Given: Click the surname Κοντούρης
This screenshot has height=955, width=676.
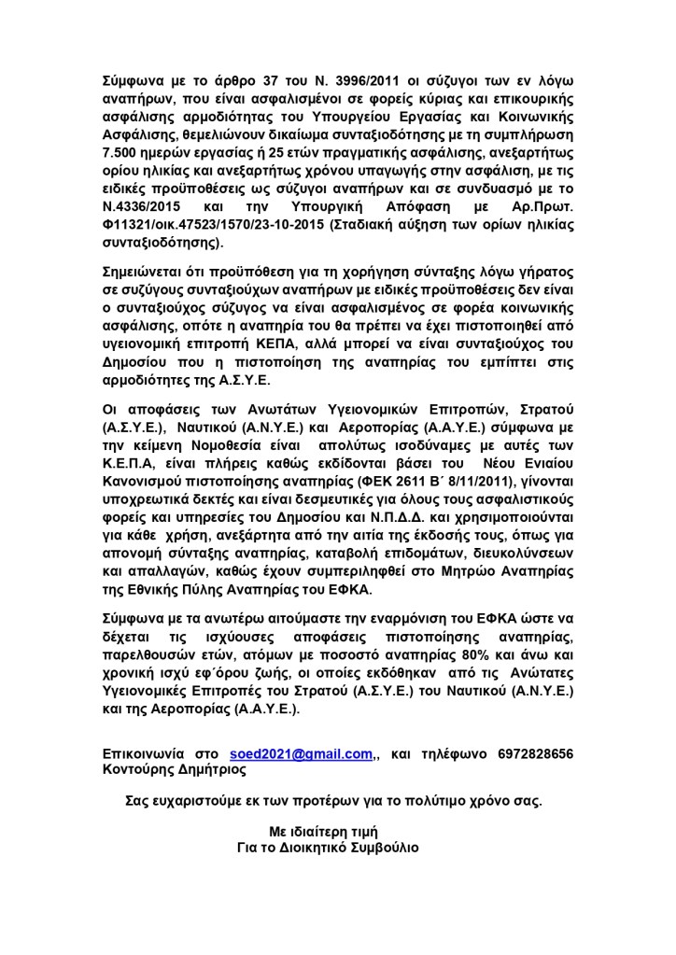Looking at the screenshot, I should [x=141, y=770].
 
